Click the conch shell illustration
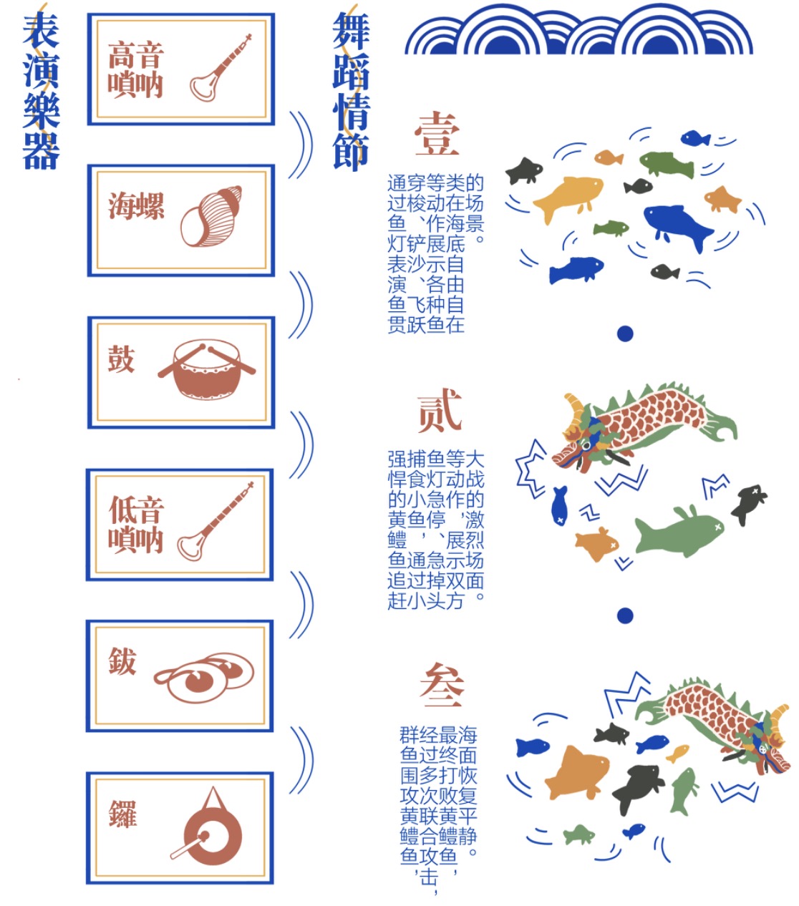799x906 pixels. (211, 215)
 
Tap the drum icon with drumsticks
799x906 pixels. (207, 369)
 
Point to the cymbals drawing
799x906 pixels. (204, 677)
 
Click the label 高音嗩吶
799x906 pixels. (135, 69)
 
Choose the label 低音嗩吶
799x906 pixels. (136, 524)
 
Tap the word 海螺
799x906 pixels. (136, 206)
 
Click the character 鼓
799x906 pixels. (121, 359)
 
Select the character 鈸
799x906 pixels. (122, 661)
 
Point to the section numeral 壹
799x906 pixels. (437, 134)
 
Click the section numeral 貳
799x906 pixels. (439, 411)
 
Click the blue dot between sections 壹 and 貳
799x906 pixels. (625, 333)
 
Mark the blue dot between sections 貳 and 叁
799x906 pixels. (625, 615)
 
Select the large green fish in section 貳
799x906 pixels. (679, 532)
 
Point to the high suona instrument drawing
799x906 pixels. (220, 68)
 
